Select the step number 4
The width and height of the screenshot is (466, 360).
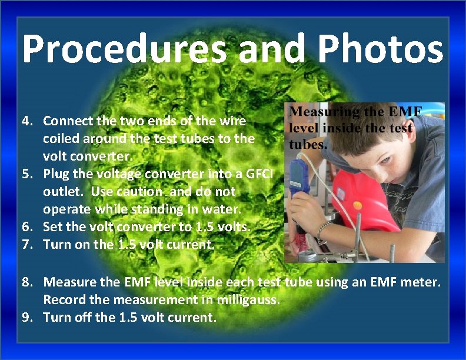(26, 121)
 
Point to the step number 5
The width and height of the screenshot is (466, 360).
(26, 174)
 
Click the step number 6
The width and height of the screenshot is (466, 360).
(26, 227)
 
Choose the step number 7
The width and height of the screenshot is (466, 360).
(26, 245)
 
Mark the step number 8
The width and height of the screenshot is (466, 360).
(27, 282)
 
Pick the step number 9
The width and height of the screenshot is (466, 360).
(27, 318)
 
